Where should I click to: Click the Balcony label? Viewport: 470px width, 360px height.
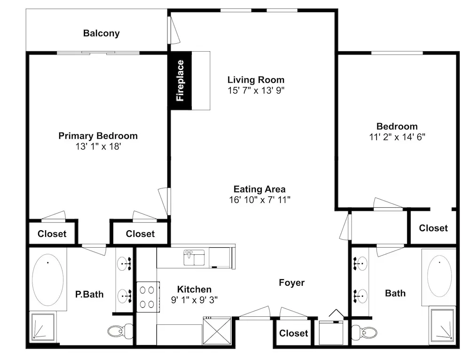tap(102, 33)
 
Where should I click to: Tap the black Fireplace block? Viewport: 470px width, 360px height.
tap(181, 80)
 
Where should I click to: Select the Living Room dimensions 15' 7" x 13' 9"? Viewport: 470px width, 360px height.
tap(256, 90)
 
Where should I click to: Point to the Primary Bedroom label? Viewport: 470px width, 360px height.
tap(98, 136)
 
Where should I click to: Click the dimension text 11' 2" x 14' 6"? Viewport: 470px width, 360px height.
tap(397, 137)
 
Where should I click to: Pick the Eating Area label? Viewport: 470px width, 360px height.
tap(259, 189)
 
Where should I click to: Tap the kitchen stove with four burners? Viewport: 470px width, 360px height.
tap(148, 297)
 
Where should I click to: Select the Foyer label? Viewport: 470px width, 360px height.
tap(292, 282)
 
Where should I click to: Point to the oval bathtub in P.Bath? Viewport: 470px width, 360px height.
tap(47, 280)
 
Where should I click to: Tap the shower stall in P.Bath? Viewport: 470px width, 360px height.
tap(43, 327)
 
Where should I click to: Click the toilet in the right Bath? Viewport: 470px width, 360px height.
tap(364, 332)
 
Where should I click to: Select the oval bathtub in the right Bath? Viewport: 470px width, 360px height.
tap(439, 276)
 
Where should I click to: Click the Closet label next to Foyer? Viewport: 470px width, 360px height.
tap(294, 333)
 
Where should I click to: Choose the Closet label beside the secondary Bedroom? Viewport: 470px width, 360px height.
tap(433, 228)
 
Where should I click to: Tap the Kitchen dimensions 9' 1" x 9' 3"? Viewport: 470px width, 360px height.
tap(194, 300)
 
